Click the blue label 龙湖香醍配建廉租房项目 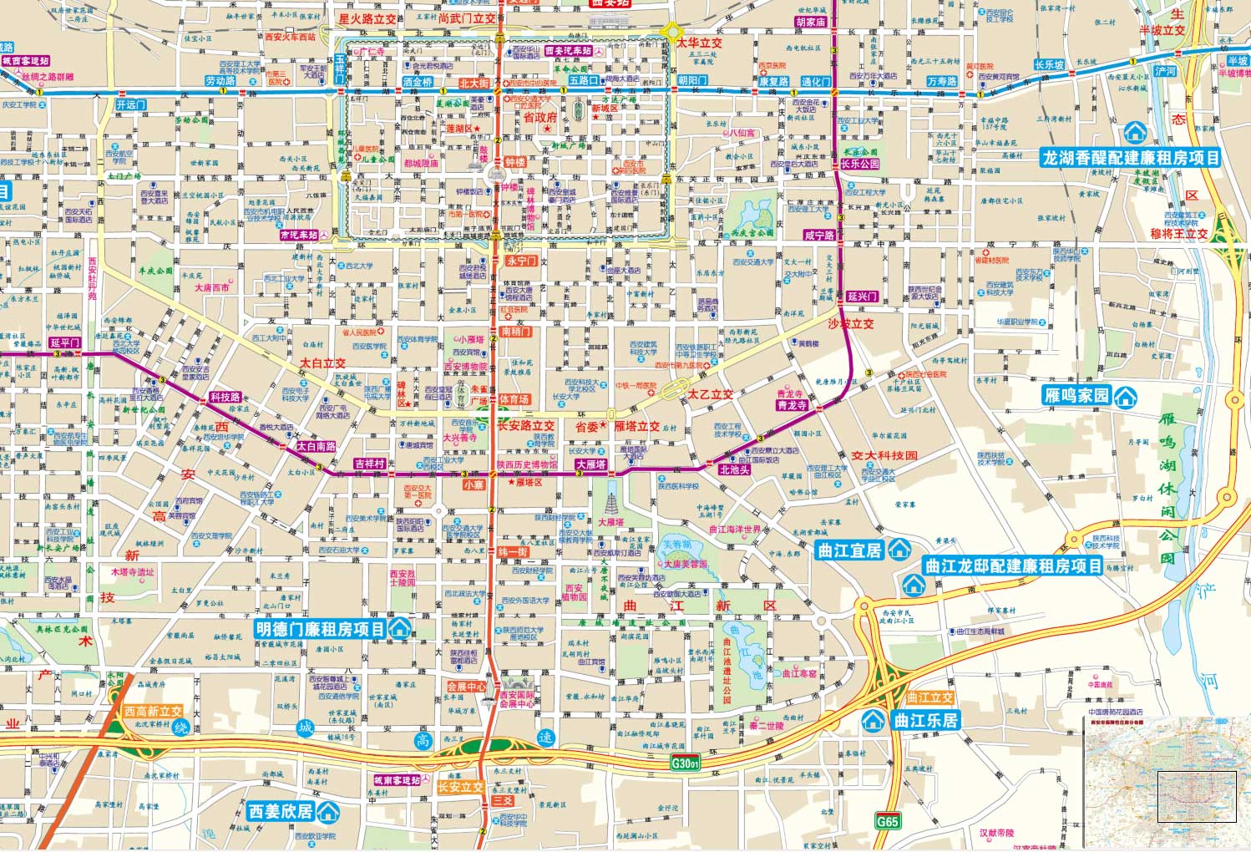(1131, 157)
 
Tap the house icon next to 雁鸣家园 (1127, 396)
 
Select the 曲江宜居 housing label (849, 550)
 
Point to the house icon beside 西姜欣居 (328, 810)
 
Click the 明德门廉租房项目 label (320, 629)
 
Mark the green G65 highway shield (888, 821)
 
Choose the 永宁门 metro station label (522, 261)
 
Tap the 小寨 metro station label (474, 484)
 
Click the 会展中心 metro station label (466, 687)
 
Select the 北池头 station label (735, 469)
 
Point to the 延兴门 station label (862, 297)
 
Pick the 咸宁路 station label (819, 236)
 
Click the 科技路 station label (225, 397)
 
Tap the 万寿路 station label (941, 82)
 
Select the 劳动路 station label (220, 81)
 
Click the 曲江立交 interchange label (929, 697)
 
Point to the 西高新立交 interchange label (153, 712)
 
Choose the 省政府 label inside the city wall (540, 118)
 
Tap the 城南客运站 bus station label (397, 780)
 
